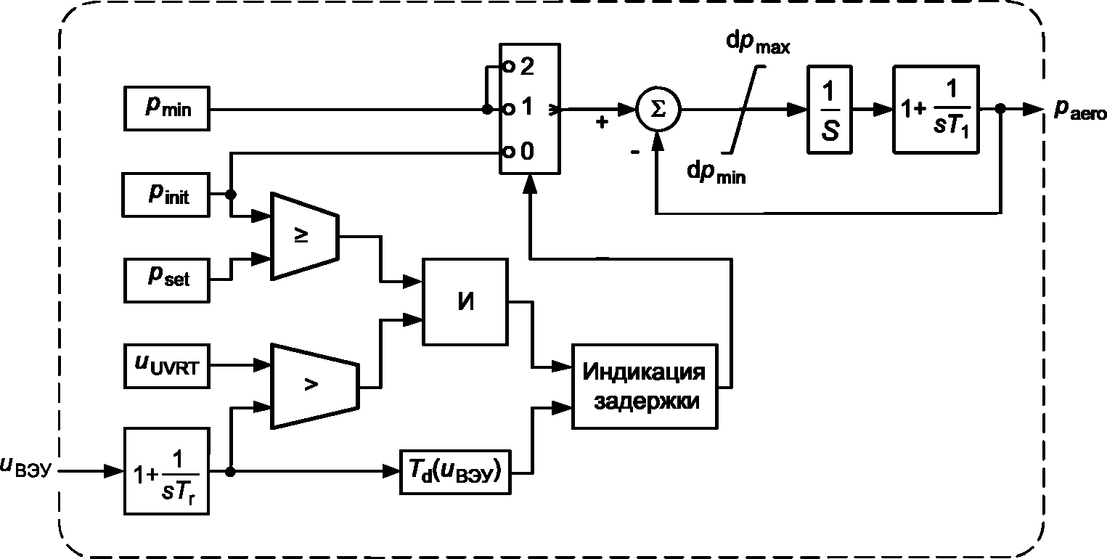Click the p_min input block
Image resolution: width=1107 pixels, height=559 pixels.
pos(166,108)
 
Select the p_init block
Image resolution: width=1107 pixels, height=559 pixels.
pos(166,195)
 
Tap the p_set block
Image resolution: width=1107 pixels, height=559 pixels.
pos(166,280)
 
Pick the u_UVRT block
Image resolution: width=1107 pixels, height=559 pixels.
pos(166,366)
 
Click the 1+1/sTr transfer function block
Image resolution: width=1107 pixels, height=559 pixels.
pos(166,471)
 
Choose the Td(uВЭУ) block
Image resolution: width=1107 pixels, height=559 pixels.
pos(455,472)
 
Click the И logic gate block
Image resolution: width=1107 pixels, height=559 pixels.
pos(465,301)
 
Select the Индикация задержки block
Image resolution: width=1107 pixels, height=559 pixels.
pos(645,386)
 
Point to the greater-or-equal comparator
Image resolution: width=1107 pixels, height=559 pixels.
pos(304,236)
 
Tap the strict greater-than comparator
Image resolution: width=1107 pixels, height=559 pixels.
pos(315,386)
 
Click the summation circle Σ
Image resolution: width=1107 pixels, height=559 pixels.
pos(658,109)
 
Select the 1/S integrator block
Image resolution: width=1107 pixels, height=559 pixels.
pos(829,109)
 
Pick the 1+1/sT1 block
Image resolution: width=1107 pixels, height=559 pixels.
pos(936,109)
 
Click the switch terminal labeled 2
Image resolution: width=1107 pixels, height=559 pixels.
pos(509,66)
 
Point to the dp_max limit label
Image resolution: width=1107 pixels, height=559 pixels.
pos(758,44)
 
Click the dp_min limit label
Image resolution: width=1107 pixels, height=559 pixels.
pos(716,173)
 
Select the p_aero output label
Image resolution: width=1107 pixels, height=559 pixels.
pos(1080,110)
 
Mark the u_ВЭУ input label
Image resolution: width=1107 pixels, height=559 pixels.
pos(26,467)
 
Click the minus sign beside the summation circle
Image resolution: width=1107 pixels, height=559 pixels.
pos(635,151)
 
